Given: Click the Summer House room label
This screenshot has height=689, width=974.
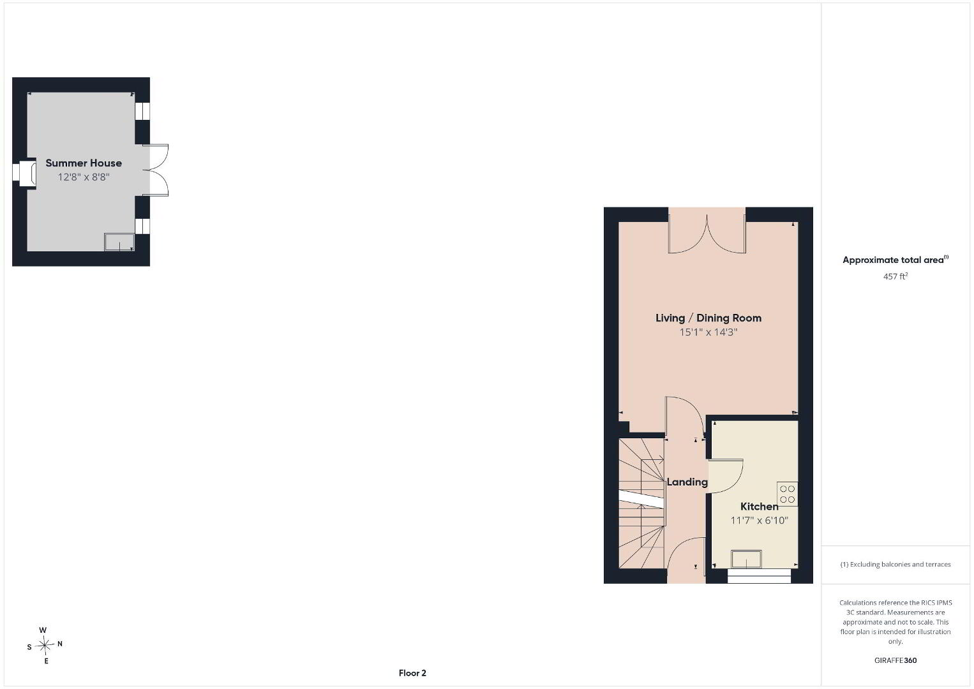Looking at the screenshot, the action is (x=84, y=163).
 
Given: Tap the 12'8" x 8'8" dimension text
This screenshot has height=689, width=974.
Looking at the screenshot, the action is (x=84, y=177).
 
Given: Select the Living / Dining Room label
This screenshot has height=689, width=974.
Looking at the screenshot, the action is (x=708, y=318).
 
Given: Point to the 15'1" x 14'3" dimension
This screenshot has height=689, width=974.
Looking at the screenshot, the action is (x=708, y=332).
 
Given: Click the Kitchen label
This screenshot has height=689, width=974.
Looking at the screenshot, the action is (x=759, y=507).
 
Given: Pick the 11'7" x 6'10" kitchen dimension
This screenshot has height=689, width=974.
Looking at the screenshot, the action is (x=759, y=521).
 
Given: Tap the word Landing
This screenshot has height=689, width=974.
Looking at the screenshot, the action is (x=687, y=482).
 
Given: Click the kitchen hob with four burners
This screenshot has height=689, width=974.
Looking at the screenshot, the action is (x=787, y=494).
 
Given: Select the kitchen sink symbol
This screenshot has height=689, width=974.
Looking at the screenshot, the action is (x=746, y=559).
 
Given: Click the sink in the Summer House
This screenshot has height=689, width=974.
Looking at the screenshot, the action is (x=119, y=242).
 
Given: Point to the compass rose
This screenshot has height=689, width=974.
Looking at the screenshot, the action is (x=44, y=645).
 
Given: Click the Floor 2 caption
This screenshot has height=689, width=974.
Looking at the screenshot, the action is (x=412, y=673).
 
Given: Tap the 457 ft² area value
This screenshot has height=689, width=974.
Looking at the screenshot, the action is (x=895, y=276).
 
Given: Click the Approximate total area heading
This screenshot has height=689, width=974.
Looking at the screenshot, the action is (x=895, y=260).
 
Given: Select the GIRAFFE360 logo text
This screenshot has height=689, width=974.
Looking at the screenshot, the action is (x=895, y=660).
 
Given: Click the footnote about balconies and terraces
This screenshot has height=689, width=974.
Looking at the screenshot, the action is (x=895, y=564).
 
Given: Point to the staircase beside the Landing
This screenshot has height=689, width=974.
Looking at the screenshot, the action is (x=641, y=503).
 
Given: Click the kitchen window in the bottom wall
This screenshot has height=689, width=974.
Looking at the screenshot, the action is (x=759, y=575).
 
